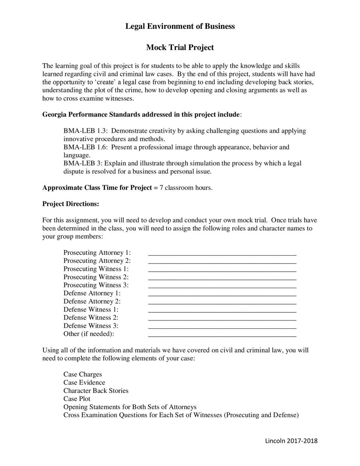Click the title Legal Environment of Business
[x=180, y=26]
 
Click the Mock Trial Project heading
[x=180, y=48]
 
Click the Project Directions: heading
[x=71, y=204]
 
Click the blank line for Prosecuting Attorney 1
[x=222, y=253]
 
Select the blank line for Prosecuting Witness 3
[x=222, y=286]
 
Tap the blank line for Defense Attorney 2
[x=222, y=302]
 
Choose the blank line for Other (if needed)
[x=222, y=334]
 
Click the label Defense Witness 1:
[x=91, y=309]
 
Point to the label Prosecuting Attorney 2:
[x=97, y=261]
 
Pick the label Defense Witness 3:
[x=91, y=326]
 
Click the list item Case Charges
[x=82, y=374]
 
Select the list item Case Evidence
[x=84, y=382]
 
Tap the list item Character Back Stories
[x=96, y=390]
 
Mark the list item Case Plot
[x=77, y=399]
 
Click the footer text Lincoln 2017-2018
[x=291, y=441]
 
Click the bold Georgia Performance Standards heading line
[x=142, y=115]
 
